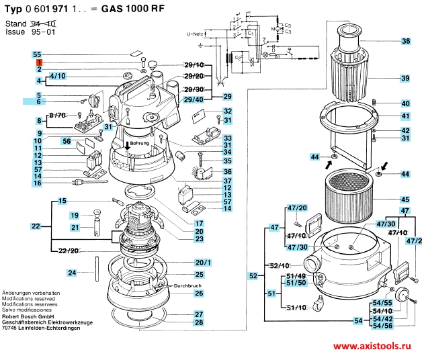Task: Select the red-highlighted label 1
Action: [x=40, y=62]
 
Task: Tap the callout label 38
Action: [x=405, y=42]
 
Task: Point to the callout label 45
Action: [x=405, y=199]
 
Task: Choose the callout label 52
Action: [x=253, y=275]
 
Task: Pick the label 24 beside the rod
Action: [x=71, y=273]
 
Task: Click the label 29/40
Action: [x=194, y=100]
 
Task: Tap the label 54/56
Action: [x=382, y=325]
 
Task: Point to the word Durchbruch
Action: [x=188, y=286]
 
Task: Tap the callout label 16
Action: [x=38, y=183]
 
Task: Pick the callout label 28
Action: [x=199, y=323]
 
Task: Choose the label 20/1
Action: [x=203, y=262]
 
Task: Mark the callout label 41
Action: [x=405, y=116]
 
